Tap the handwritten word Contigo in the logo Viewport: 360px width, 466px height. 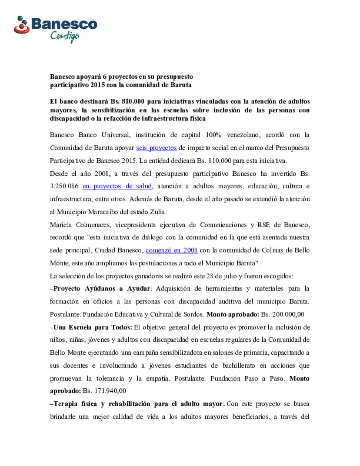pyautogui.click(x=65, y=36)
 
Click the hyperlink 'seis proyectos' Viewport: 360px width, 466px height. pyautogui.click(x=156, y=148)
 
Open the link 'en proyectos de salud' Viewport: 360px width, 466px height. pyautogui.click(x=117, y=186)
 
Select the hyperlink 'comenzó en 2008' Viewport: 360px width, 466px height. pyautogui.click(x=171, y=250)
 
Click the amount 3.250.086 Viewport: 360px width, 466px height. pyautogui.click(x=64, y=186)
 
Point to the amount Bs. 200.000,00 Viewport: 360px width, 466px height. pyautogui.click(x=283, y=314)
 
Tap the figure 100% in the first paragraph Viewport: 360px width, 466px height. pyautogui.click(x=213, y=135)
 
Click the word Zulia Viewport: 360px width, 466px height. pyautogui.click(x=158, y=212)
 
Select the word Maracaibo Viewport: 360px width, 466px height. pyautogui.click(x=106, y=212)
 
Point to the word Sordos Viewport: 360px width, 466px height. pyautogui.click(x=193, y=314)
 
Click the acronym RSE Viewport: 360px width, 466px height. pyautogui.click(x=263, y=225)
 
